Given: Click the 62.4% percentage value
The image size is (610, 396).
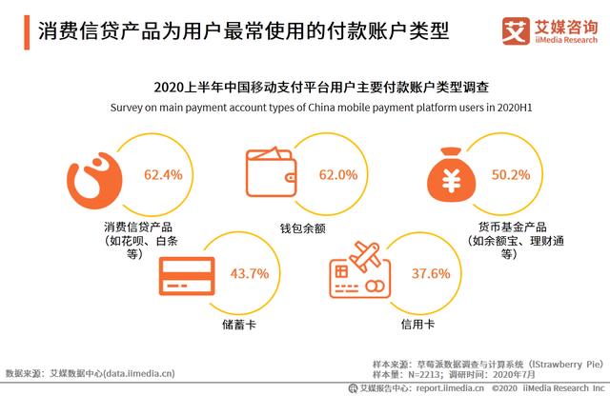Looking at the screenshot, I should [x=163, y=175].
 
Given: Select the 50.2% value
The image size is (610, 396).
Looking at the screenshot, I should [x=510, y=175].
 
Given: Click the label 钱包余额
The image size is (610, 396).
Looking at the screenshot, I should [x=305, y=229].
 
